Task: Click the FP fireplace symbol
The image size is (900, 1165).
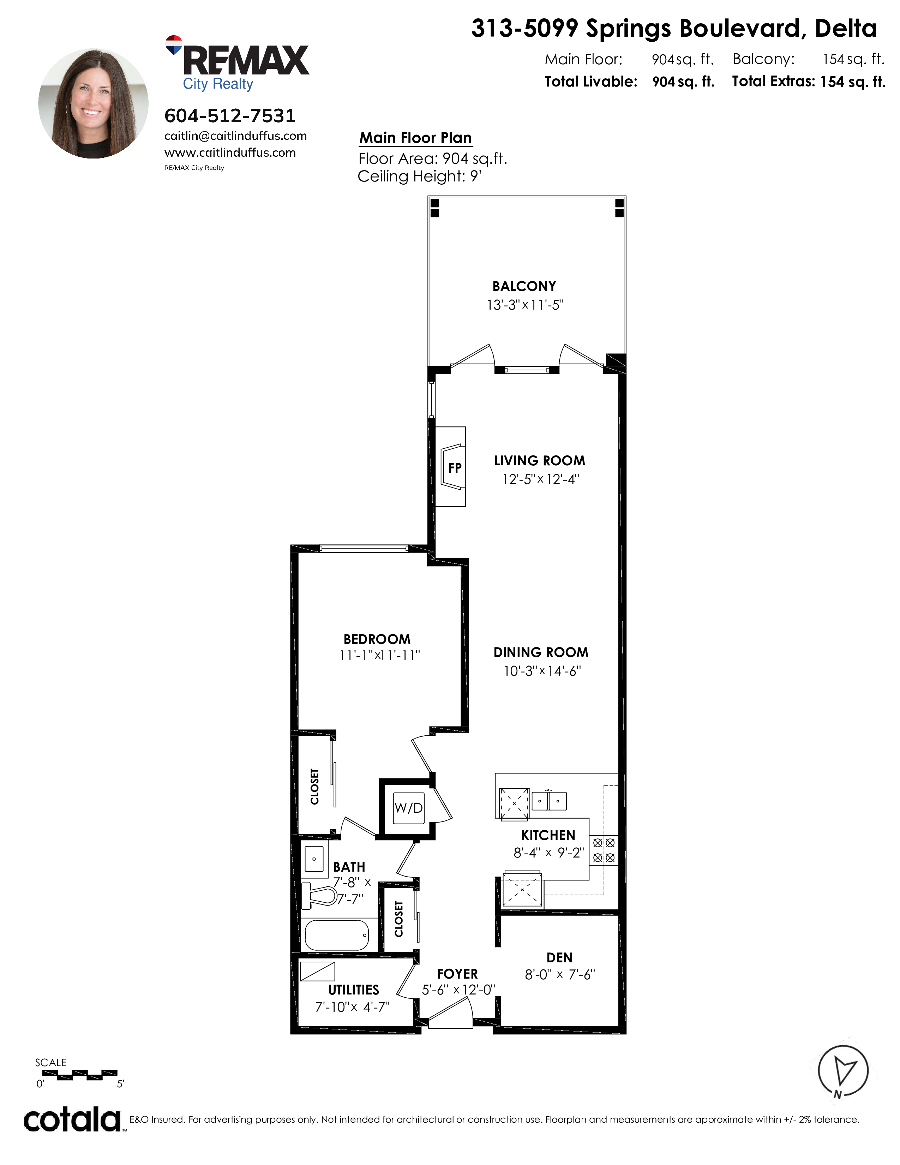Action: point(451,467)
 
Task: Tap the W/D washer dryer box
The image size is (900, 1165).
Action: point(408,808)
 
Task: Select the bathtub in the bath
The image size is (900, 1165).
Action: point(337,934)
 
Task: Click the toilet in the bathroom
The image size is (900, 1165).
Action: point(319,896)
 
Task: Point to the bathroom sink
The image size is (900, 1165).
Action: point(314,859)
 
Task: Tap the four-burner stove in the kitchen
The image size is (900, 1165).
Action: point(604,850)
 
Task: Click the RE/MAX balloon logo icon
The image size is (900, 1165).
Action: point(174,45)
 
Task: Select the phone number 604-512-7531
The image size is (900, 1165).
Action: point(230,115)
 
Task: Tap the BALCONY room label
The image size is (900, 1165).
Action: point(524,286)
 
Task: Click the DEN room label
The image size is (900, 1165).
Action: point(559,957)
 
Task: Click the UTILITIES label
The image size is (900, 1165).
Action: point(354,990)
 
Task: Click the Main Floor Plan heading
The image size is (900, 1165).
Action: point(415,138)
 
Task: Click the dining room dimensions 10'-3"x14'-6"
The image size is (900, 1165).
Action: point(542,671)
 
